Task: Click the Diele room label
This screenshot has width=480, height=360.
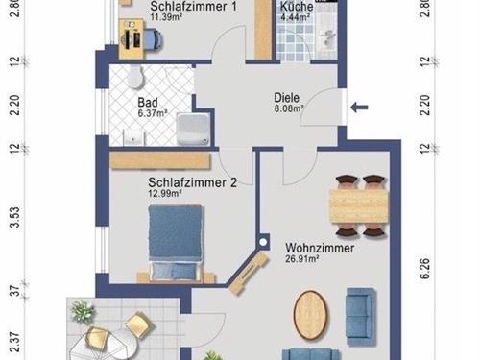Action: click(x=286, y=98)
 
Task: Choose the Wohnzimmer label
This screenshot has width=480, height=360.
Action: click(x=320, y=247)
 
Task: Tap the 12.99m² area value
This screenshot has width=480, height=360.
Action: click(x=165, y=192)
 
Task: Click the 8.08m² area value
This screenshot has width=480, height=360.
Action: click(x=289, y=109)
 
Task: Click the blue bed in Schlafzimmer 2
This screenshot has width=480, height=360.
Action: click(x=177, y=239)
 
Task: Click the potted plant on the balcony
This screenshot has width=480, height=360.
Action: click(x=83, y=311)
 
